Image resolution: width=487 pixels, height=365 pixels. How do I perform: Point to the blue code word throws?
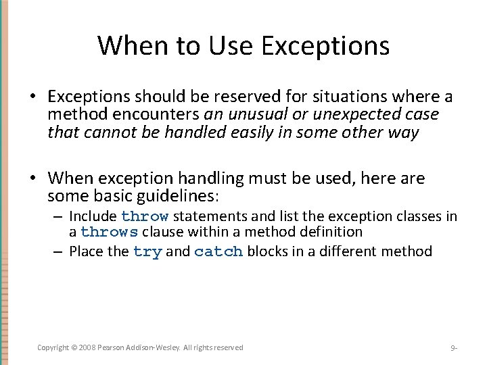(109, 232)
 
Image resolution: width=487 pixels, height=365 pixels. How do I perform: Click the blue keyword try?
(147, 251)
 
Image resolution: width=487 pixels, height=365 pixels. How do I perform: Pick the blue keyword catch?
(218, 251)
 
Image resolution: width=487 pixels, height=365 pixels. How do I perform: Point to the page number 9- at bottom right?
(454, 348)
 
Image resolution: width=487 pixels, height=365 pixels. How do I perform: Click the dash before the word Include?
(59, 216)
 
